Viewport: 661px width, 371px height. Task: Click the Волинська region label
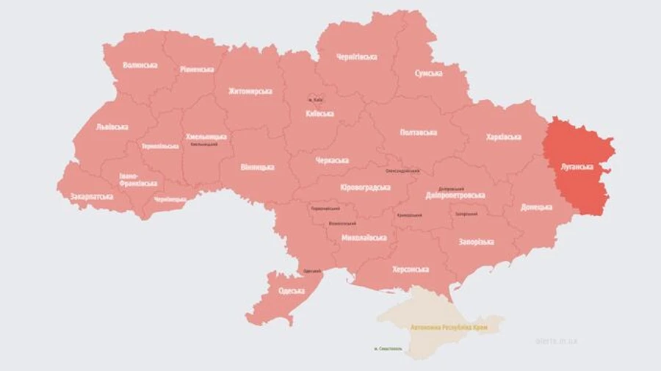[140, 65]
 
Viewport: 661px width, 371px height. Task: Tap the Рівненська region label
[197, 69]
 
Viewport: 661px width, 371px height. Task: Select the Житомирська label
[250, 91]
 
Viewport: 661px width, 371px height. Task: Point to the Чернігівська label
[356, 57]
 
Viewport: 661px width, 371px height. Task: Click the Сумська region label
[428, 73]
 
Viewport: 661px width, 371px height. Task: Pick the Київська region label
[319, 113]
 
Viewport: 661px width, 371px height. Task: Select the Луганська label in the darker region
[577, 167]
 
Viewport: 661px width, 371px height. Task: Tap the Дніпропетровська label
[455, 196]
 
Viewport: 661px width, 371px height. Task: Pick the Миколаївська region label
[364, 238]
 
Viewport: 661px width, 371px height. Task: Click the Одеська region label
[292, 291]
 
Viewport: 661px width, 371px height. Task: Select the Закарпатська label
[92, 197]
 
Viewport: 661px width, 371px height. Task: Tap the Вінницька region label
[257, 167]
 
